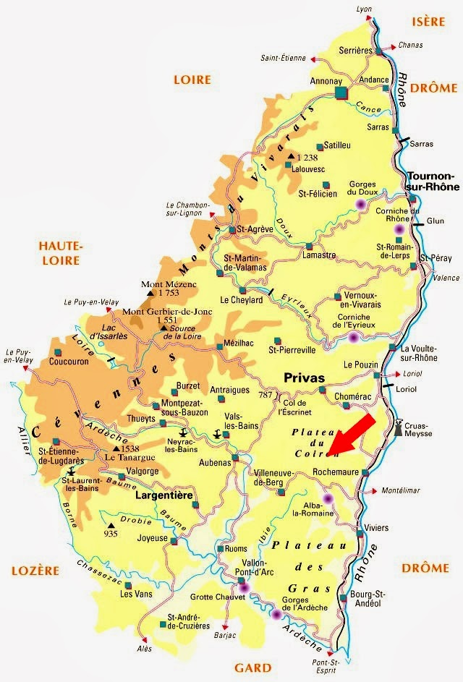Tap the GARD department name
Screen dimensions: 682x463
click(x=252, y=668)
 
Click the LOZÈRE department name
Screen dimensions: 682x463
click(x=35, y=570)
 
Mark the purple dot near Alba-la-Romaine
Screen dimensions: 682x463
click(x=328, y=498)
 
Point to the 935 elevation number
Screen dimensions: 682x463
click(x=110, y=534)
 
